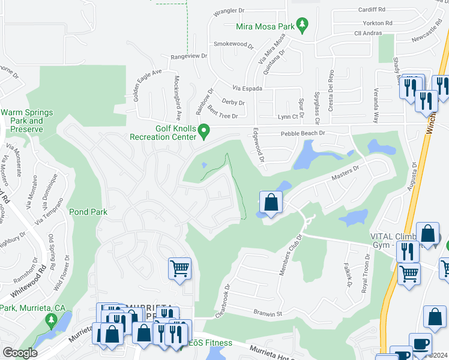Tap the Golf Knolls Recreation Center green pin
click(x=204, y=130)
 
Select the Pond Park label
click(x=88, y=212)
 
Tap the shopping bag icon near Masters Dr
click(x=271, y=203)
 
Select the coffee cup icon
click(x=420, y=344)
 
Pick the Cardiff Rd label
click(x=373, y=10)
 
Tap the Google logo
click(x=20, y=353)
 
